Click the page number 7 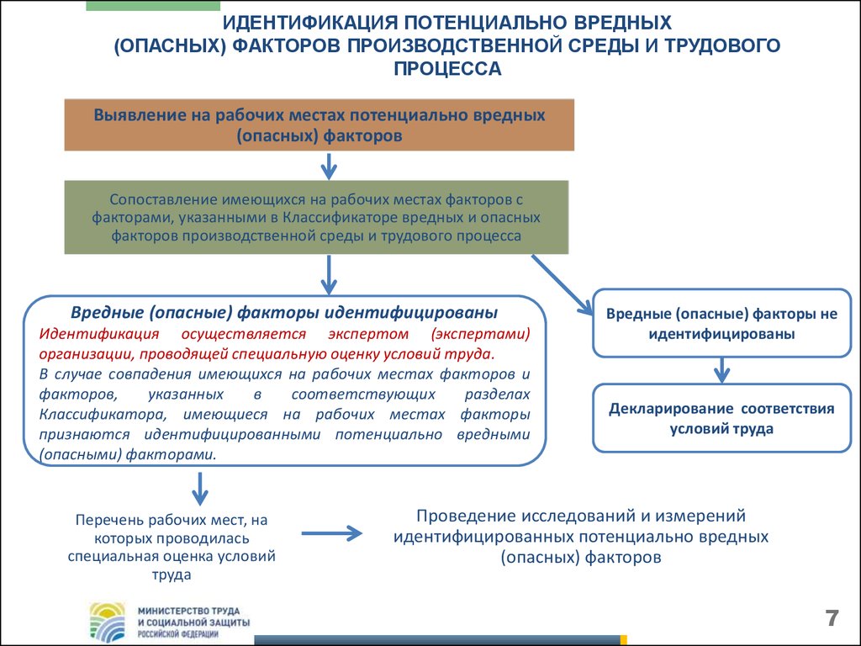point(832,618)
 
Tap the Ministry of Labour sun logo point(108,622)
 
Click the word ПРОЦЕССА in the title point(447,69)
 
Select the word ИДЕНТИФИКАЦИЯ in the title point(309,23)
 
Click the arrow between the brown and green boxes point(329,166)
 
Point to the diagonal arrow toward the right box point(563,284)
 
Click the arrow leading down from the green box point(329,275)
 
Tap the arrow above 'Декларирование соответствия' point(721,370)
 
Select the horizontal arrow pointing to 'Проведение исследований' point(331,532)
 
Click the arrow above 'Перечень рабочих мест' point(200,489)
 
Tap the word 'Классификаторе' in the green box point(340,217)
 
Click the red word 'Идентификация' point(99,333)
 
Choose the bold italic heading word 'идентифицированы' point(411,313)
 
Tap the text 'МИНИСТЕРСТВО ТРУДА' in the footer point(188,611)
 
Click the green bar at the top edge point(153,6)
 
